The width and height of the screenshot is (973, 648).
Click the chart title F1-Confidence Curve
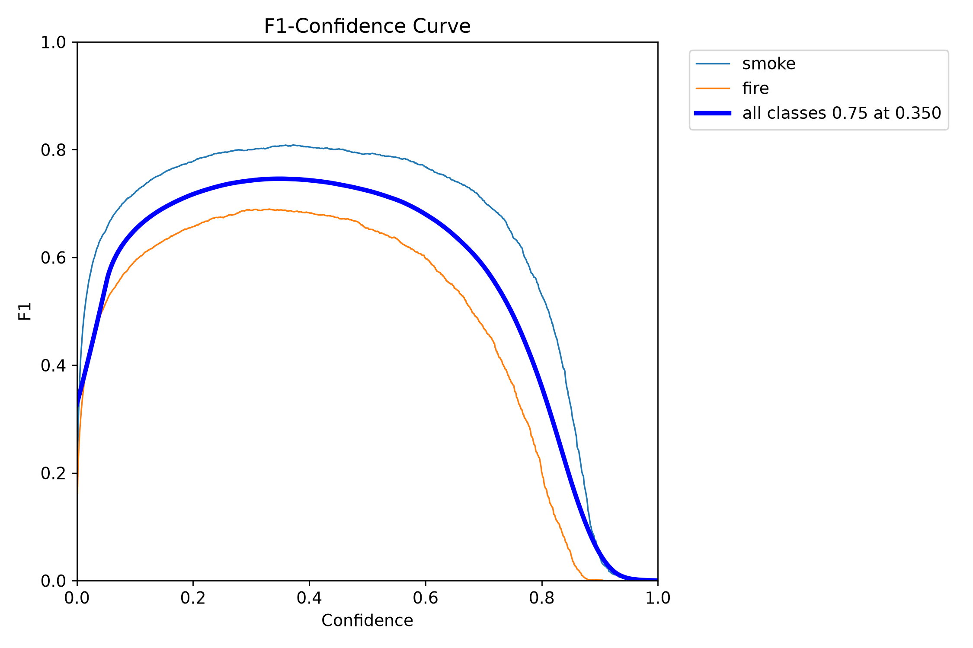[367, 26]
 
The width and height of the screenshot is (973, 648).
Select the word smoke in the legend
[768, 64]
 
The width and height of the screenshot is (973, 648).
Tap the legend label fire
[755, 88]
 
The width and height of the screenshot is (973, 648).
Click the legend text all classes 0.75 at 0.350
[842, 113]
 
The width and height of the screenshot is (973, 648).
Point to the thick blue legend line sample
[713, 113]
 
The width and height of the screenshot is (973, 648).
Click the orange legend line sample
[713, 89]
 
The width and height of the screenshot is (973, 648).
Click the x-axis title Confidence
[367, 621]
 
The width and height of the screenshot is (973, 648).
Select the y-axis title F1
[25, 311]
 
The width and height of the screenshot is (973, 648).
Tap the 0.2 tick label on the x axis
[193, 598]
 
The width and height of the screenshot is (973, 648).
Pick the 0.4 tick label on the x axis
[309, 598]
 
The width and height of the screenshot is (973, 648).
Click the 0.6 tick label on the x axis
[426, 598]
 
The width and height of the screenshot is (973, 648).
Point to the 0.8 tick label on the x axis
[541, 598]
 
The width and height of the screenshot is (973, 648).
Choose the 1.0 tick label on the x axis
[658, 598]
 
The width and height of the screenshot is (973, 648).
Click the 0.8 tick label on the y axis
[53, 150]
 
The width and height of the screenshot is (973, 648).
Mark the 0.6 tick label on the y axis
[53, 258]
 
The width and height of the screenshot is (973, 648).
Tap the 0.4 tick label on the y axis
[53, 365]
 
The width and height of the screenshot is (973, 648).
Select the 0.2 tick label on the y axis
[53, 473]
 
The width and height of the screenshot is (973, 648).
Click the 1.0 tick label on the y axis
[53, 42]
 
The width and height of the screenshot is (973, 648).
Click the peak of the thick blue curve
[280, 178]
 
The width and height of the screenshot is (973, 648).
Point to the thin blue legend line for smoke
[713, 64]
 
